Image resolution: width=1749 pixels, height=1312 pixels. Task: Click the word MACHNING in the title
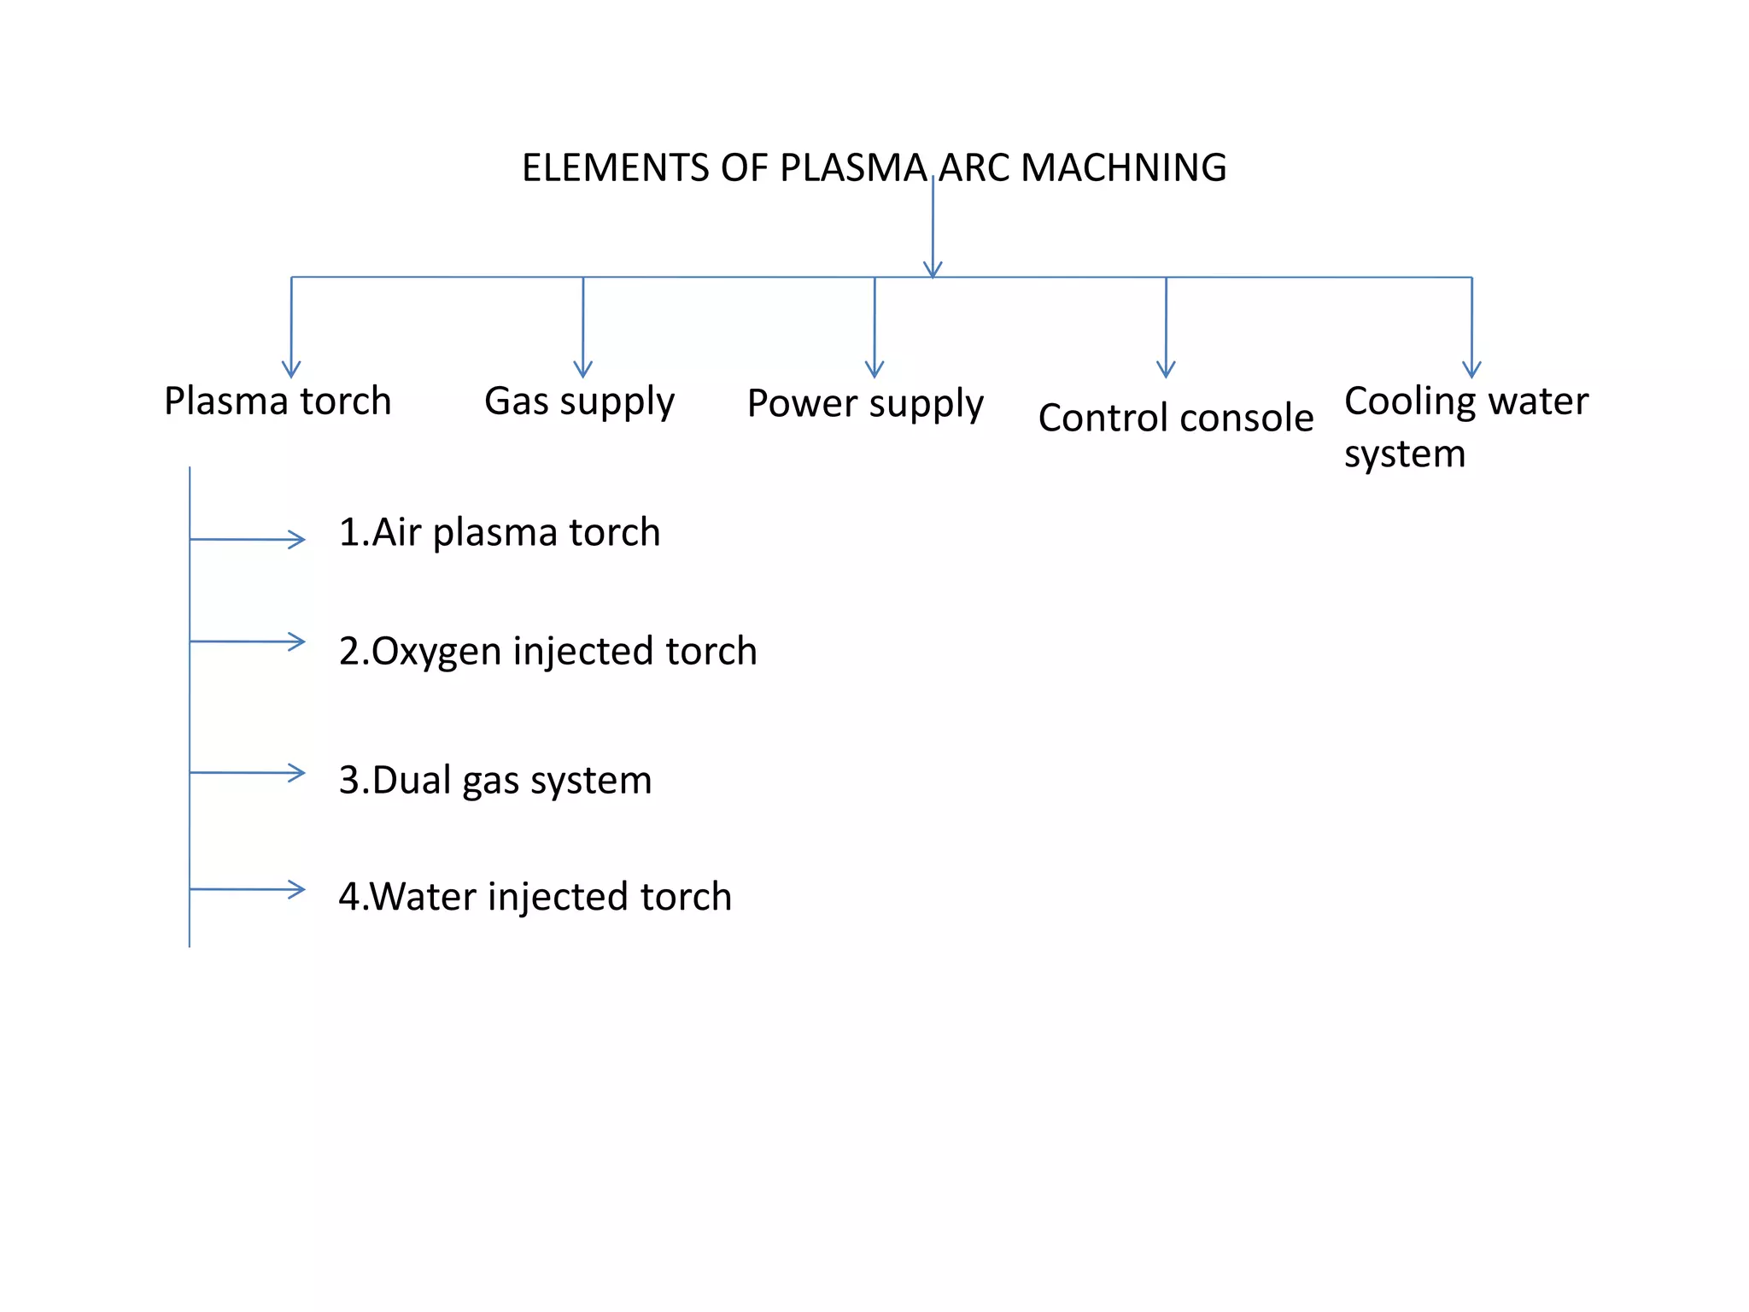pyautogui.click(x=1123, y=167)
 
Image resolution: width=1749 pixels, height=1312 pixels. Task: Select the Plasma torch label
pyautogui.click(x=278, y=401)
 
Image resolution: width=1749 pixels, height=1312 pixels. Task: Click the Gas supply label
pyautogui.click(x=579, y=401)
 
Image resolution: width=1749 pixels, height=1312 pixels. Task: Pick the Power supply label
pyautogui.click(x=865, y=403)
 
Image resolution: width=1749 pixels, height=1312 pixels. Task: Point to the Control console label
pyautogui.click(x=1175, y=418)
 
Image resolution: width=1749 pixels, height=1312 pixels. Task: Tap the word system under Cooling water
pyautogui.click(x=1404, y=454)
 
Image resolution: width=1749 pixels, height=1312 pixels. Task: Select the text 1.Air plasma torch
pyautogui.click(x=500, y=532)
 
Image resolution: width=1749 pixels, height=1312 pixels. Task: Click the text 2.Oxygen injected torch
pyautogui.click(x=547, y=651)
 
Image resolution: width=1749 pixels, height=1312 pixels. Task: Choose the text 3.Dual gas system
pyautogui.click(x=495, y=780)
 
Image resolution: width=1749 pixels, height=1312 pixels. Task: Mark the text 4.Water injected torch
pyautogui.click(x=535, y=897)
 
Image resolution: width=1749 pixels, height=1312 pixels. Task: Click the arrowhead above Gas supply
pyautogui.click(x=583, y=370)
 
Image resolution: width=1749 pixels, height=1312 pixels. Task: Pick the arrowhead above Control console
pyautogui.click(x=1166, y=370)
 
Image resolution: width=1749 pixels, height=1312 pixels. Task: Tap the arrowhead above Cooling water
pyautogui.click(x=1471, y=370)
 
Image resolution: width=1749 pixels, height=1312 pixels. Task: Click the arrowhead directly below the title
pyautogui.click(x=933, y=269)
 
